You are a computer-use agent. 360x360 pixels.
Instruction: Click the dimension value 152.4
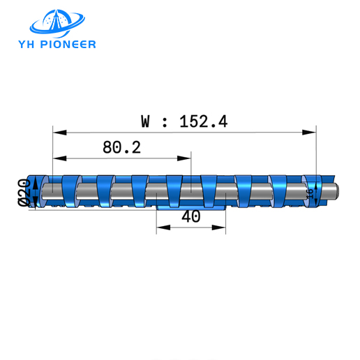point(203,121)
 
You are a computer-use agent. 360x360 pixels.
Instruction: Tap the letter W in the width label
point(146,121)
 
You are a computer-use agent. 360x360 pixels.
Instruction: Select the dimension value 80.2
point(121,147)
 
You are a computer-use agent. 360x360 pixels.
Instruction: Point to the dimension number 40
point(190,216)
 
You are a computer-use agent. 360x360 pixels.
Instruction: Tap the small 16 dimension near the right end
point(310,192)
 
